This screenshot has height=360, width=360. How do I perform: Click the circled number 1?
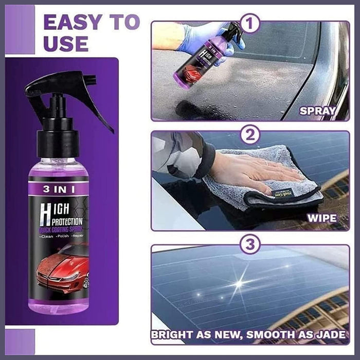[250, 23]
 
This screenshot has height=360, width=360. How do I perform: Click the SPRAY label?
[318, 111]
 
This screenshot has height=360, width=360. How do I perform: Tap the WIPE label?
[321, 218]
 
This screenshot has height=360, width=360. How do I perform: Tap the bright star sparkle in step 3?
[239, 283]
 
